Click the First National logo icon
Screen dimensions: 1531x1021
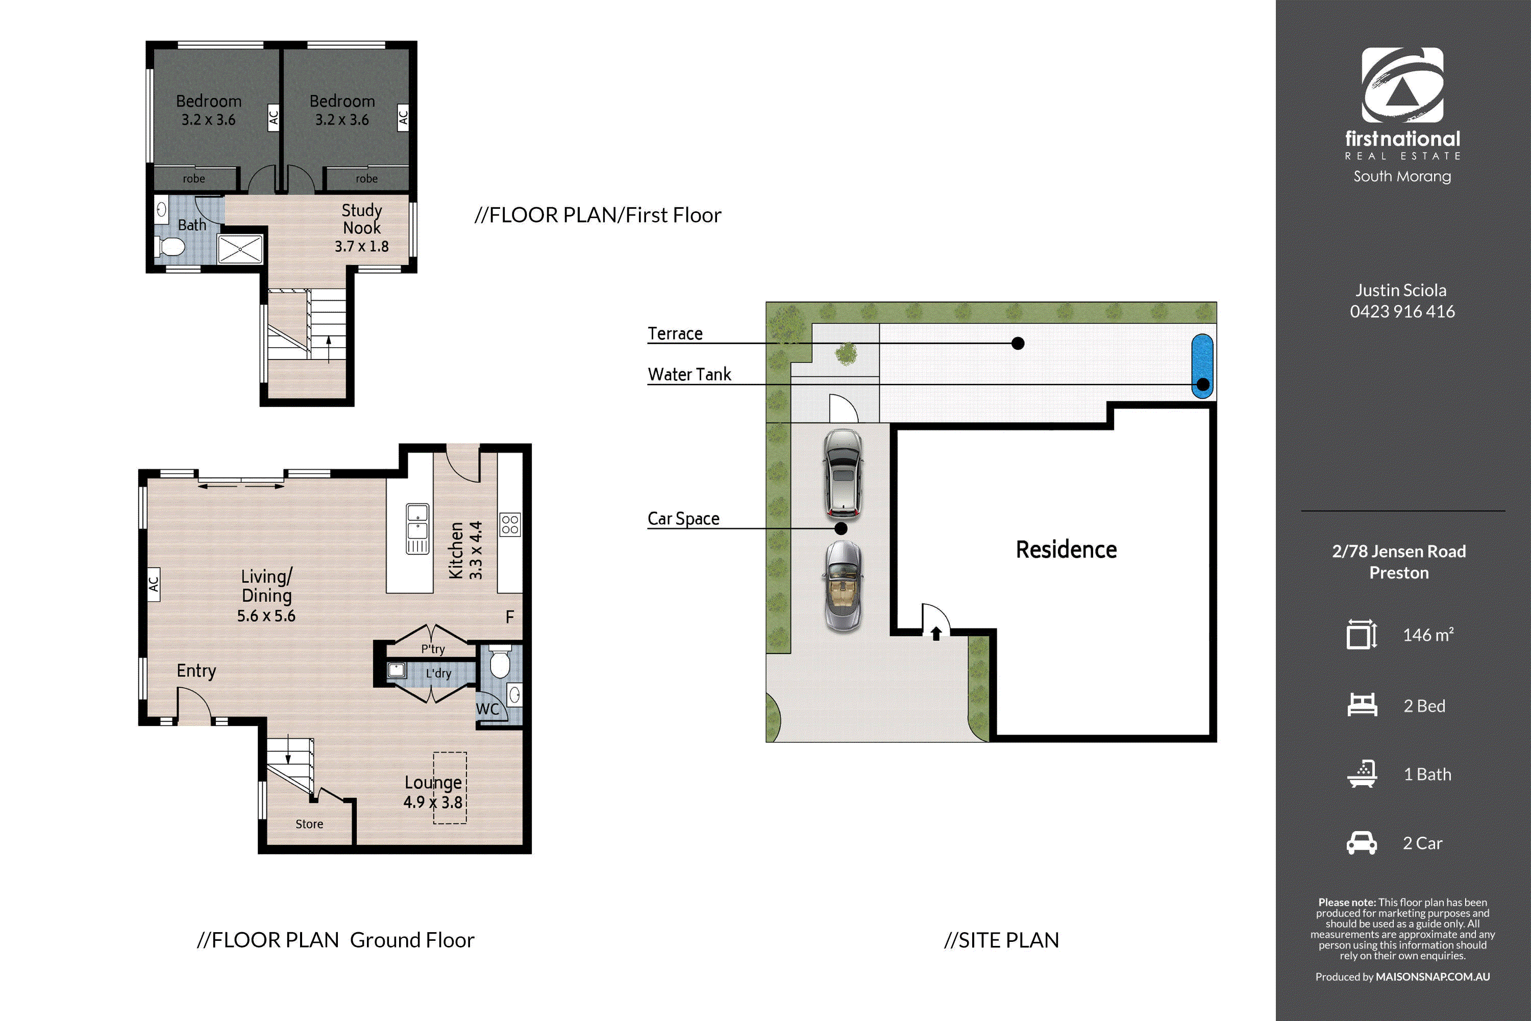click(1402, 85)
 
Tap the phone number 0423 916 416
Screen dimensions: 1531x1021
click(1402, 311)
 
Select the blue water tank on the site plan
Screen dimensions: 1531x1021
click(1202, 366)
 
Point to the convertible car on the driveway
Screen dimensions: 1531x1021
click(844, 586)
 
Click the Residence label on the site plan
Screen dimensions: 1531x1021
click(1066, 550)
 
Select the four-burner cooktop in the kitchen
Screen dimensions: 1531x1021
click(510, 524)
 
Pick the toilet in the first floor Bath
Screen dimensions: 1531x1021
click(170, 247)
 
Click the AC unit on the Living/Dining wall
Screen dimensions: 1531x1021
click(154, 584)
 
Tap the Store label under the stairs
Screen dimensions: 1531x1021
click(309, 824)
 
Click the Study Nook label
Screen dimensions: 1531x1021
click(362, 219)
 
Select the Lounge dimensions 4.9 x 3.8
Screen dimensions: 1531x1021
click(433, 802)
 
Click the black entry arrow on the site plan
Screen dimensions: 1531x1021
click(936, 633)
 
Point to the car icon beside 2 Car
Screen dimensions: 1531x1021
click(1362, 843)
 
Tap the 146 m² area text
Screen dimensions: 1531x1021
click(1428, 635)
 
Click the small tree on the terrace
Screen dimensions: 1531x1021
click(846, 354)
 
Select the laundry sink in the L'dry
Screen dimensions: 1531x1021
click(397, 670)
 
